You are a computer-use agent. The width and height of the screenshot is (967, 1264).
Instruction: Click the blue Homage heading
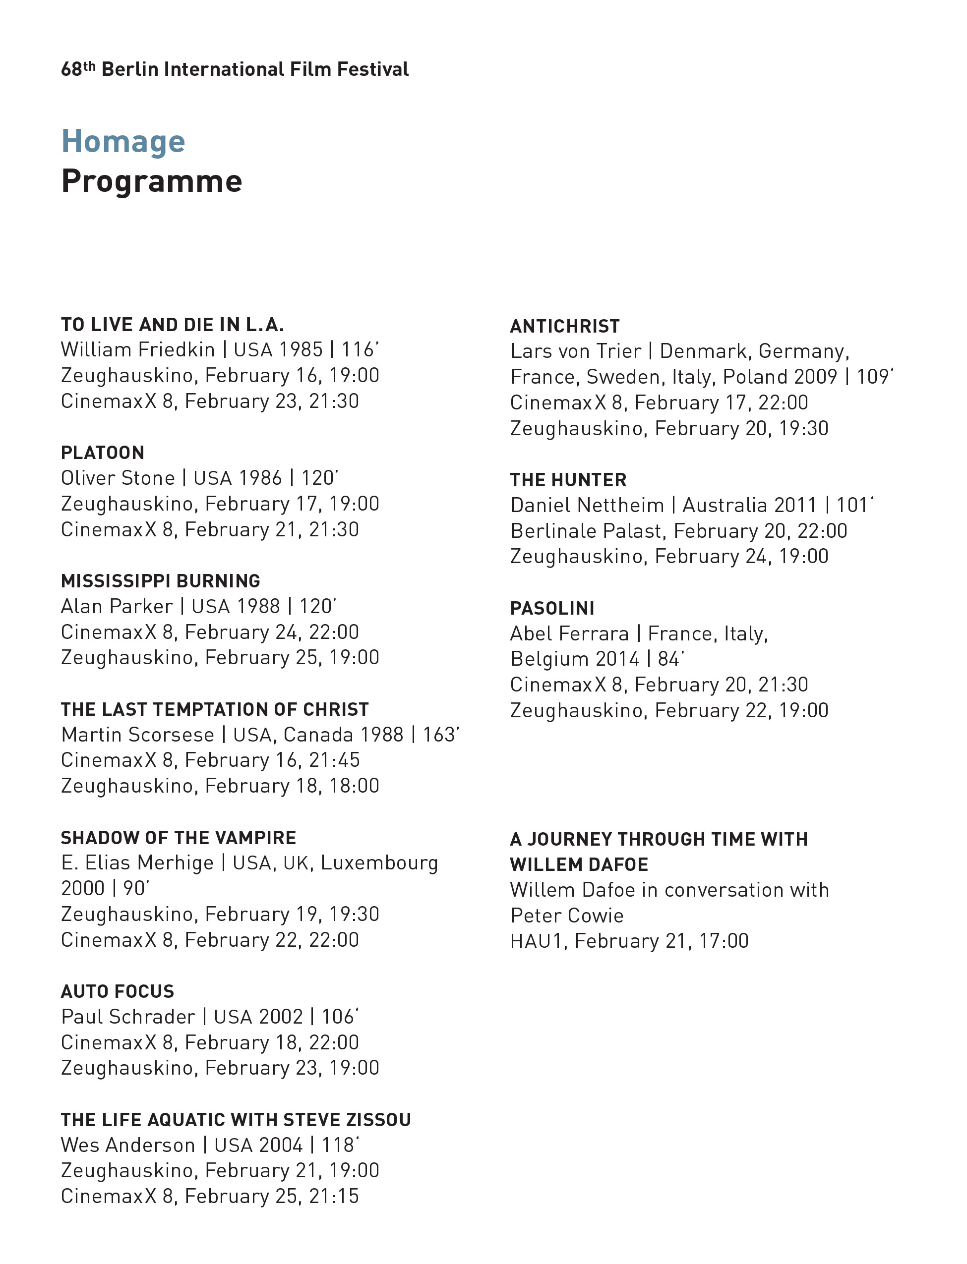click(x=122, y=142)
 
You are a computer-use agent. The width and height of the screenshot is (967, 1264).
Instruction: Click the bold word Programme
click(x=151, y=182)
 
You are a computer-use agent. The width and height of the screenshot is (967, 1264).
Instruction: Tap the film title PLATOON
click(x=103, y=453)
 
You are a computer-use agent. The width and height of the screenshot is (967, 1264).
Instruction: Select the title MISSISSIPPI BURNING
click(x=161, y=581)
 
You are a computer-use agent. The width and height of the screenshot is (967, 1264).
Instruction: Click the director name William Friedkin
click(x=137, y=350)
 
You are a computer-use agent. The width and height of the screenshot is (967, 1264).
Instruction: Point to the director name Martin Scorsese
click(x=137, y=735)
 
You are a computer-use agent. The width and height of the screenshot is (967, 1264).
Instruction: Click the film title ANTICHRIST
click(x=565, y=327)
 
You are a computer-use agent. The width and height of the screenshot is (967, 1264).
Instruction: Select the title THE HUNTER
click(x=568, y=480)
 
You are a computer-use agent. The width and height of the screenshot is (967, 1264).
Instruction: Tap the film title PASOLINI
click(x=552, y=609)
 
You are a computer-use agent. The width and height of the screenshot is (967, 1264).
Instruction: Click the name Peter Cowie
click(x=567, y=916)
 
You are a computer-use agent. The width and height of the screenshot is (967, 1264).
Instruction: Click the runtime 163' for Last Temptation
click(x=441, y=735)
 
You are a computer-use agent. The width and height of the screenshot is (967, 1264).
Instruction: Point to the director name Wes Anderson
click(x=128, y=1145)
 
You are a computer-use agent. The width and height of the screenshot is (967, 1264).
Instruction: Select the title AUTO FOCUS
click(x=118, y=991)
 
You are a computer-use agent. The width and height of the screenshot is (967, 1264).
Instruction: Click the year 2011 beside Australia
click(x=795, y=505)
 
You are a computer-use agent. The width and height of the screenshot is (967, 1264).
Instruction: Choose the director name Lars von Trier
click(x=576, y=351)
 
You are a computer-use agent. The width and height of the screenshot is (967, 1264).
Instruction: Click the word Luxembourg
click(x=379, y=863)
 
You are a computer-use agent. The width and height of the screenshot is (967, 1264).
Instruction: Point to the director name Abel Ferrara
click(x=569, y=634)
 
